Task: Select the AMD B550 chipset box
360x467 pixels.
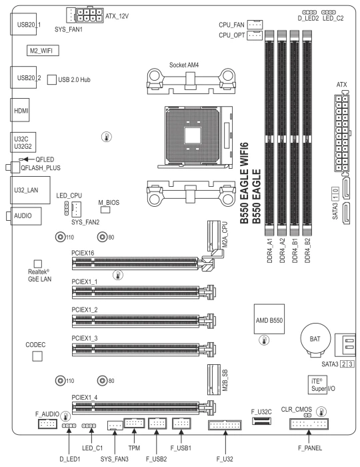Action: pyautogui.click(x=269, y=319)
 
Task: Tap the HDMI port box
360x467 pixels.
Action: pyautogui.click(x=20, y=110)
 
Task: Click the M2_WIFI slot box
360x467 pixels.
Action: pyautogui.click(x=43, y=50)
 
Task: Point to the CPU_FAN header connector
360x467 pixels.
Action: pyautogui.click(x=255, y=24)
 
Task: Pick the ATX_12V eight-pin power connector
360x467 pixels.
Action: pyautogui.click(x=90, y=15)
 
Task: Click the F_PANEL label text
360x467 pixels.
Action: pyautogui.click(x=310, y=448)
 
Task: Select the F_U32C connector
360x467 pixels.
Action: pyautogui.click(x=261, y=420)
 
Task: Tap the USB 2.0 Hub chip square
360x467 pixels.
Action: pyautogui.click(x=52, y=79)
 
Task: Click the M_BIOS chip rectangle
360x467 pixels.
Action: pyautogui.click(x=105, y=209)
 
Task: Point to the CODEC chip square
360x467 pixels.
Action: pyautogui.click(x=37, y=356)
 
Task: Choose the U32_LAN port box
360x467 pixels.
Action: pyautogui.click(x=31, y=189)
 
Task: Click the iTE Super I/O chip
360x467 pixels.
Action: pyautogui.click(x=317, y=384)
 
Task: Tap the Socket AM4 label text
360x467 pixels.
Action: pyautogui.click(x=184, y=65)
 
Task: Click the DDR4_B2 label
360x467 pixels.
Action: pyautogui.click(x=307, y=250)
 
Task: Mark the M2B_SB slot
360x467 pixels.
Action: pyautogui.click(x=214, y=379)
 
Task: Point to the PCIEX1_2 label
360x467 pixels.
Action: pyautogui.click(x=85, y=310)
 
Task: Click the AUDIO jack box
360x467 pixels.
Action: pyautogui.click(x=26, y=215)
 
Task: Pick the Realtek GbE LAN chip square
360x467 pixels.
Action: pyautogui.click(x=38, y=264)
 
